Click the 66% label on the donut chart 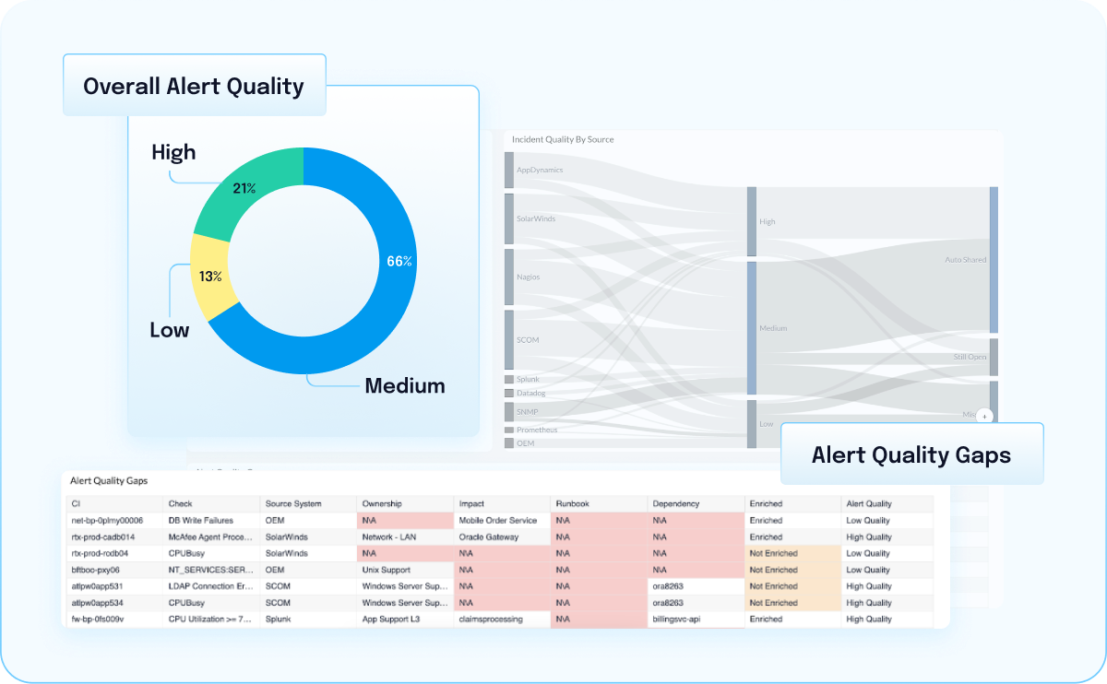click(x=399, y=261)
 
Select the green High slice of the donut click(x=242, y=192)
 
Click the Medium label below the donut click(x=404, y=385)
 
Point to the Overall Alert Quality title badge click(x=194, y=87)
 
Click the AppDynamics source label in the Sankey click(x=540, y=171)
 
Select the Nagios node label click(x=529, y=277)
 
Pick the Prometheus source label click(x=537, y=430)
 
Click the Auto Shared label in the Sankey click(x=965, y=260)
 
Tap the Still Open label click(x=970, y=357)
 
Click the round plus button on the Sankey click(x=984, y=417)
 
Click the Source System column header click(x=292, y=504)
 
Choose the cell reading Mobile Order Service click(x=497, y=521)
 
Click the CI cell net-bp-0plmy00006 click(x=107, y=521)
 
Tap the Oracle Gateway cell click(x=488, y=537)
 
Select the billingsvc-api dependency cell click(x=676, y=619)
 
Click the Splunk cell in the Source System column click(x=278, y=619)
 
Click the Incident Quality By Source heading click(x=563, y=140)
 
